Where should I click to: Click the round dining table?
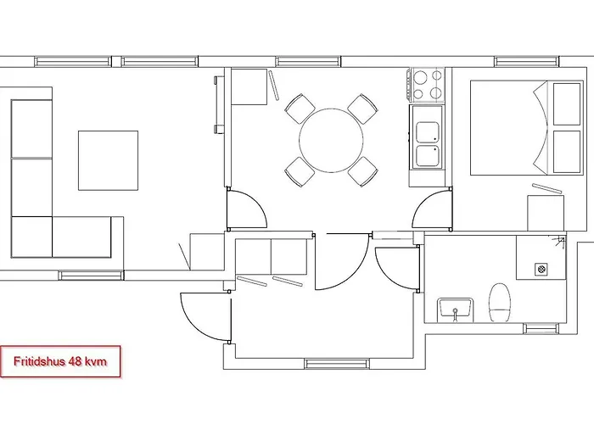331,141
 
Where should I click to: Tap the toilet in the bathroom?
500,303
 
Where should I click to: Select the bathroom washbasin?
455,310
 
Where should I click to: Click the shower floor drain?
541,269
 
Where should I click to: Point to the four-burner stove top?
428,85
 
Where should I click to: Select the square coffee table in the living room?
108,160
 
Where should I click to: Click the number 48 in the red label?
75,361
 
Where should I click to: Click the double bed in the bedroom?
527,127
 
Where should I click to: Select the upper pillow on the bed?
567,104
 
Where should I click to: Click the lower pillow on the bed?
567,152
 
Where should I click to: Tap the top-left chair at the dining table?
300,109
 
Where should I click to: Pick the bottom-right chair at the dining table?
362,171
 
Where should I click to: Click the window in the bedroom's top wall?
527,61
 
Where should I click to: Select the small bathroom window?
541,329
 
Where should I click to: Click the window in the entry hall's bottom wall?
337,364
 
